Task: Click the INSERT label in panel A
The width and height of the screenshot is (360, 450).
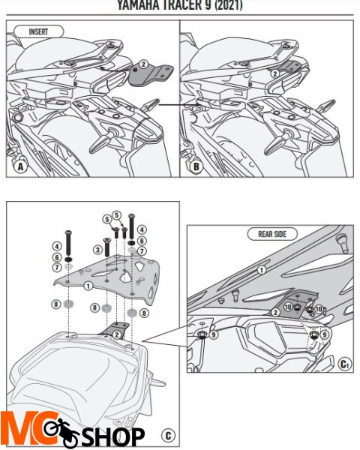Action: pyautogui.click(x=38, y=32)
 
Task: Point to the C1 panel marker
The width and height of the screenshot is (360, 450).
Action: pyautogui.click(x=343, y=364)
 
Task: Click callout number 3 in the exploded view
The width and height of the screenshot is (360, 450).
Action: pyautogui.click(x=98, y=250)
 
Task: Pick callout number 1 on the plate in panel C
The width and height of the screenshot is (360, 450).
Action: pyautogui.click(x=88, y=286)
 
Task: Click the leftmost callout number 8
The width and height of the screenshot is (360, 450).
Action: pyautogui.click(x=56, y=304)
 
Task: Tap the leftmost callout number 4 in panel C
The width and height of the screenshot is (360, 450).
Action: pyautogui.click(x=56, y=246)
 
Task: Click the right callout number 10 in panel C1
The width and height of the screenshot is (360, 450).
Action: pyautogui.click(x=319, y=309)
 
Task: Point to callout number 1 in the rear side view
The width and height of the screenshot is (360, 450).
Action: pyautogui.click(x=261, y=268)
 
